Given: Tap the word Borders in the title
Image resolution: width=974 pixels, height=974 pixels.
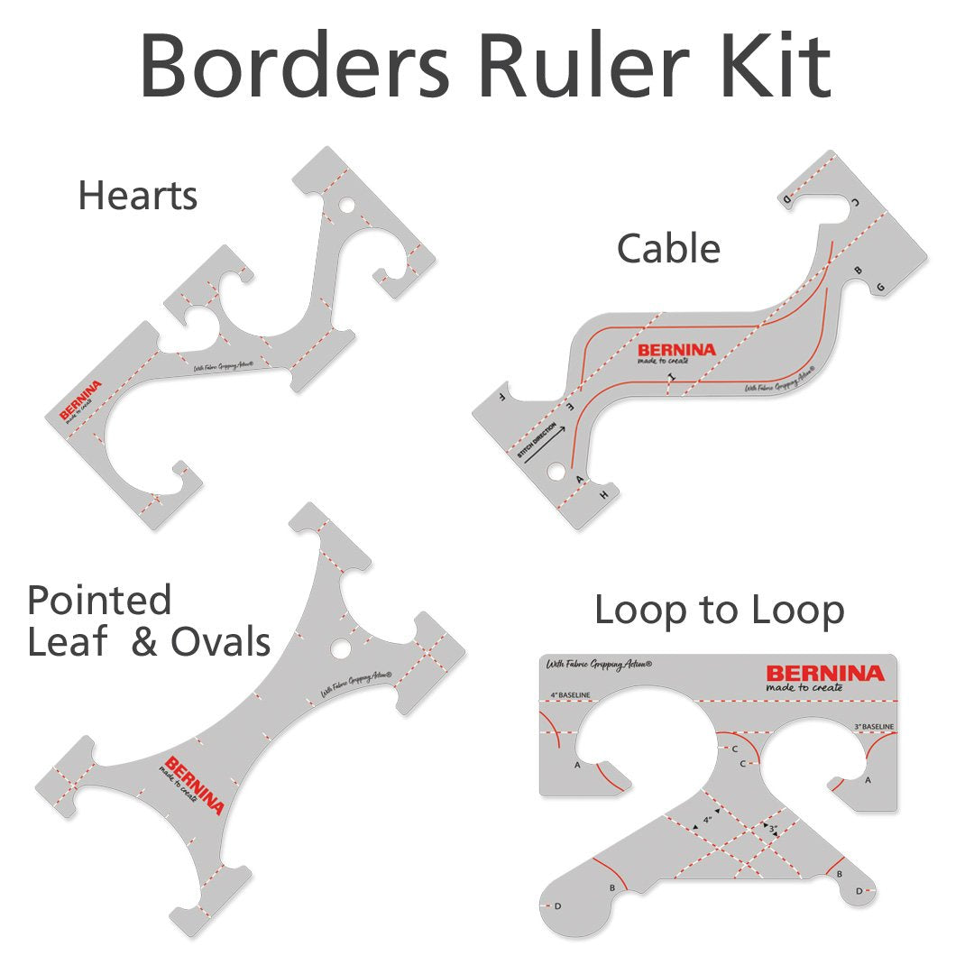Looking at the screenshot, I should click(x=298, y=64).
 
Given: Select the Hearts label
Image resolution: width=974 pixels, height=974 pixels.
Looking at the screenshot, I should click(x=138, y=196).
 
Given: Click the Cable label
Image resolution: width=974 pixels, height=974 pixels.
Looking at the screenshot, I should click(x=668, y=248).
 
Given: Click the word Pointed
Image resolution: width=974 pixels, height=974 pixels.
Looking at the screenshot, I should click(x=99, y=600).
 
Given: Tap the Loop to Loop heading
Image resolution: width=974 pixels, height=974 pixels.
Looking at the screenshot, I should click(x=719, y=611).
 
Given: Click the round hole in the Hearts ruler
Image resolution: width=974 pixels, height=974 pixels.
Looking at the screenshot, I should click(x=346, y=207).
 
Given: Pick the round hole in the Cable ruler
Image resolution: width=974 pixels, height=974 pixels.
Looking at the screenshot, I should click(x=556, y=471).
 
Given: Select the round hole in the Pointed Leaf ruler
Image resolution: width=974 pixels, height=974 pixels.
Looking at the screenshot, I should click(x=340, y=648).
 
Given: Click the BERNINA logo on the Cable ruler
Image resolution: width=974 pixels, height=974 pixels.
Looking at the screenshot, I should click(x=676, y=350).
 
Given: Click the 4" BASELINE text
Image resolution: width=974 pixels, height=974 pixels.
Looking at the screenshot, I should click(x=570, y=695).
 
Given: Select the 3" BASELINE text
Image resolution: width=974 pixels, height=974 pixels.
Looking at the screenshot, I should click(x=874, y=726).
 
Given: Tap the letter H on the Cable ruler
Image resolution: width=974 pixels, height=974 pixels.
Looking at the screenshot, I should click(x=603, y=495).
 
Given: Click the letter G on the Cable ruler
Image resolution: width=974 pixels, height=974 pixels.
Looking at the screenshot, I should click(x=880, y=287).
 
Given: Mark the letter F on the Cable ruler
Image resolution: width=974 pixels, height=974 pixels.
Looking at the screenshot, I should click(x=501, y=396).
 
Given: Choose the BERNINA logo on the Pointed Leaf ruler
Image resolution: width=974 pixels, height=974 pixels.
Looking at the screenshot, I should click(x=195, y=784).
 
